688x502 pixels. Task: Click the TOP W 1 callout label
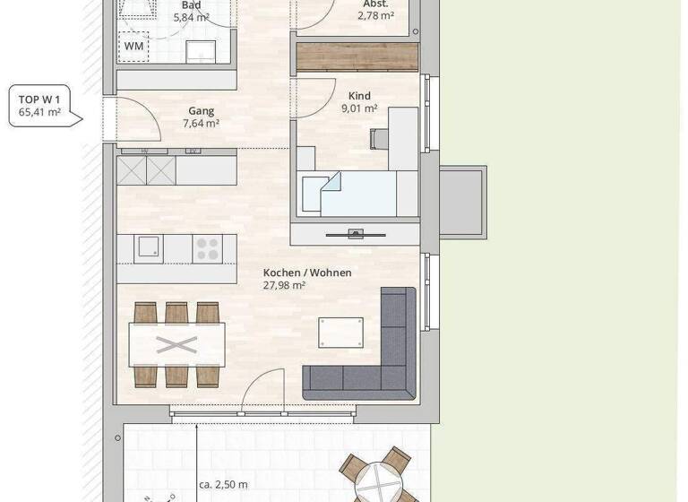[x=39, y=106]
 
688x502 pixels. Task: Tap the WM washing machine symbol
[x=133, y=46]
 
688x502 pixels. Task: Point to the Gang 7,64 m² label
[x=201, y=117]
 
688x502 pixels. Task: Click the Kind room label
[x=359, y=96]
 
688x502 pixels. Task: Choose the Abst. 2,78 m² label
[x=375, y=10]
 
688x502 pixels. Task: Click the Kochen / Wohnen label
[x=306, y=273]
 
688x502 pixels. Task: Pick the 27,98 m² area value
[x=285, y=286]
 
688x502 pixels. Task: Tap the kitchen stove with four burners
[x=209, y=247]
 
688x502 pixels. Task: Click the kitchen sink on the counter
[x=149, y=248]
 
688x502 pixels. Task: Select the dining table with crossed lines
[x=176, y=345]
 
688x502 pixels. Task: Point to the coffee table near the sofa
[x=341, y=332]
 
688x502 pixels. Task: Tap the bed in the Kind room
[x=358, y=195]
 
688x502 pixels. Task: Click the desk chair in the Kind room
[x=379, y=138]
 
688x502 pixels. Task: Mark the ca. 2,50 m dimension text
[x=223, y=485]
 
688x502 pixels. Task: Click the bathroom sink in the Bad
[x=201, y=50]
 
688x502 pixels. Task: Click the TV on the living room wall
[x=356, y=235]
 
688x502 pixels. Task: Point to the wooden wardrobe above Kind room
[x=357, y=57]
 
